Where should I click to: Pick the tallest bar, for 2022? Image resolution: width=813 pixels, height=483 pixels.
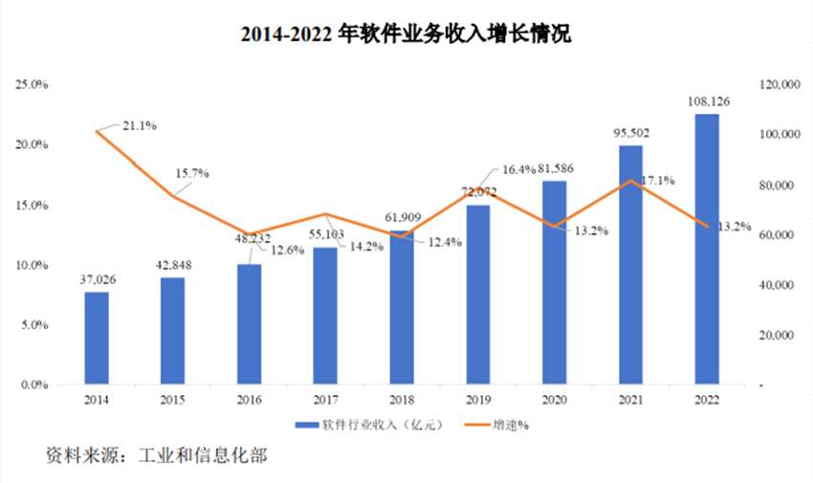tap(707, 250)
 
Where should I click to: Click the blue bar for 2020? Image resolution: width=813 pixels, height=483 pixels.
tap(555, 283)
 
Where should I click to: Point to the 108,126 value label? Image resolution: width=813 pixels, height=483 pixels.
tap(707, 101)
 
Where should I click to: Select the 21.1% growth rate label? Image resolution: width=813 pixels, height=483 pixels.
tap(139, 125)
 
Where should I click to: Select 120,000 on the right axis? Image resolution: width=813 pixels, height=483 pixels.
tap(778, 85)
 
